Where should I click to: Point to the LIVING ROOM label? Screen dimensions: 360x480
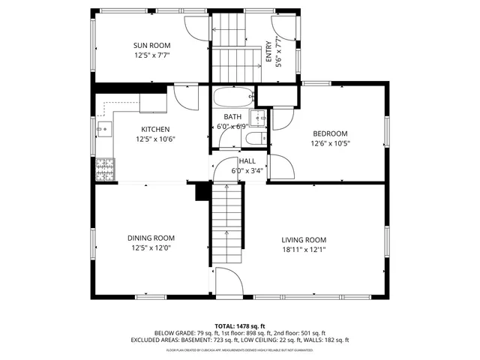pyautogui.click(x=304, y=241)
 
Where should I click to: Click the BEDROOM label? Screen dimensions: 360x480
pyautogui.click(x=330, y=133)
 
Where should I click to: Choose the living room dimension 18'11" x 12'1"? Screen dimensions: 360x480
pyautogui.click(x=304, y=250)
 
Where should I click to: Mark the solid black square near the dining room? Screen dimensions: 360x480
pyautogui.click(x=201, y=192)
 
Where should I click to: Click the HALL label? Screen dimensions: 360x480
pyautogui.click(x=247, y=160)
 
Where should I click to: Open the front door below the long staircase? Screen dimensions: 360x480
pyautogui.click(x=229, y=281)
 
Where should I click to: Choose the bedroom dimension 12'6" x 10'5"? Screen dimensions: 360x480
pyautogui.click(x=330, y=143)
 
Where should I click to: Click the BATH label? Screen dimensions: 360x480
pyautogui.click(x=232, y=117)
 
